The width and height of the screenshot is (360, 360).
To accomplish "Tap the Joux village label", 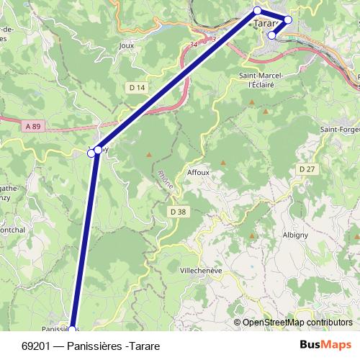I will point(127,45).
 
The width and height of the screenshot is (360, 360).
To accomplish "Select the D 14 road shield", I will point(138,87).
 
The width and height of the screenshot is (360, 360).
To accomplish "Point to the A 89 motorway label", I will point(33,126).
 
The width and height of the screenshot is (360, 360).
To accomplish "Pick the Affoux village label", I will point(198,173).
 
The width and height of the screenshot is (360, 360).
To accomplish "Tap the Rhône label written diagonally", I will point(165,179).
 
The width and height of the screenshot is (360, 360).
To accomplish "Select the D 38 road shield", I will point(179,212).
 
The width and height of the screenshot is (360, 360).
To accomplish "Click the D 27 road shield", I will point(307,168).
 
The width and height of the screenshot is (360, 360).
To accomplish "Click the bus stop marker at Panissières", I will point(72,330).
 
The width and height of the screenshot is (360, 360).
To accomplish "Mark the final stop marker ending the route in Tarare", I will point(272,35).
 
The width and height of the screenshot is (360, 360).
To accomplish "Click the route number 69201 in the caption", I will point(35,346).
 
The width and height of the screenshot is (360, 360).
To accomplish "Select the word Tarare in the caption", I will point(145,346).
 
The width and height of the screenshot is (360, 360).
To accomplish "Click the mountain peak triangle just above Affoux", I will point(222,163).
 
